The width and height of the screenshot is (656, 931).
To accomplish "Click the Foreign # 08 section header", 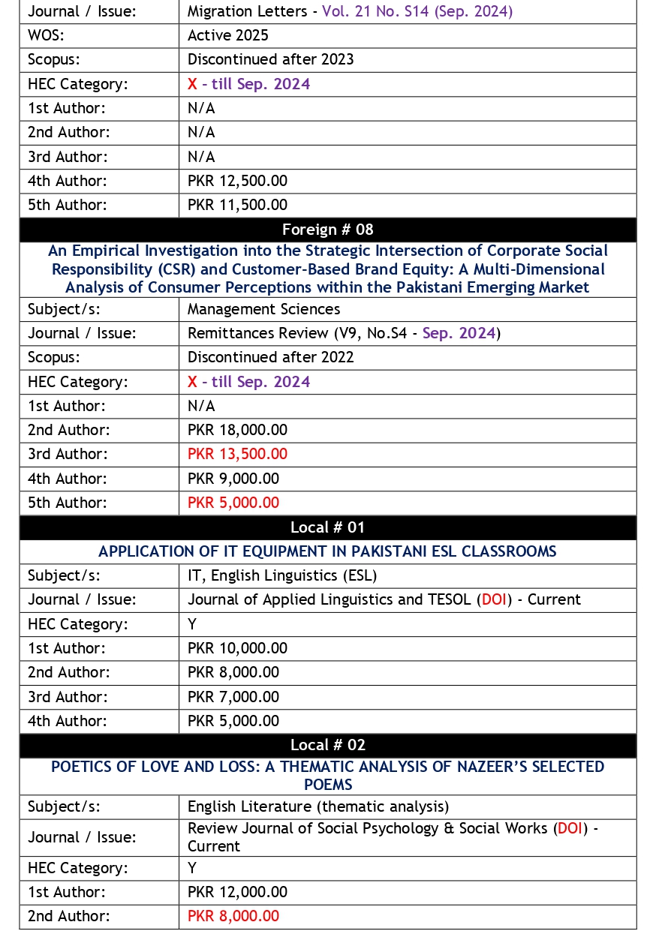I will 327,230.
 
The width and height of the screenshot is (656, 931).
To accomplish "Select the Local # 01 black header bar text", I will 327,527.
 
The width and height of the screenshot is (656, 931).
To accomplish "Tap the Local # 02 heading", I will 327,745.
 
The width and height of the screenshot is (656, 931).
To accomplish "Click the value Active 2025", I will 227,35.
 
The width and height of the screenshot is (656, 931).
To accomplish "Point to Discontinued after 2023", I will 270,59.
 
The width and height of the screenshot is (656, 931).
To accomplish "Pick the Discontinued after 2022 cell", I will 270,357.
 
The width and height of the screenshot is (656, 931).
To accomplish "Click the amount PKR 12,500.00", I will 237,181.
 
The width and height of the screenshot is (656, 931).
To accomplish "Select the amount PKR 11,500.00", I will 237,205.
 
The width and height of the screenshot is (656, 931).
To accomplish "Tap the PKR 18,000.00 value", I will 237,430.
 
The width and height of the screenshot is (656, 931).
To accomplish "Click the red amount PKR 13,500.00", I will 237,454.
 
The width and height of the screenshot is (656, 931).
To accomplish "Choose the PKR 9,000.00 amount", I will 233,479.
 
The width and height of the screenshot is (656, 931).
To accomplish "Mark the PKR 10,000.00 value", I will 237,648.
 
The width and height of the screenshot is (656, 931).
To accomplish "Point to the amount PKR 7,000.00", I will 233,697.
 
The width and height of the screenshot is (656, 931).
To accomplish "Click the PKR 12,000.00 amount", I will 237,892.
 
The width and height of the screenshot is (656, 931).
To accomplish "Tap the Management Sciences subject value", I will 263,309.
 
